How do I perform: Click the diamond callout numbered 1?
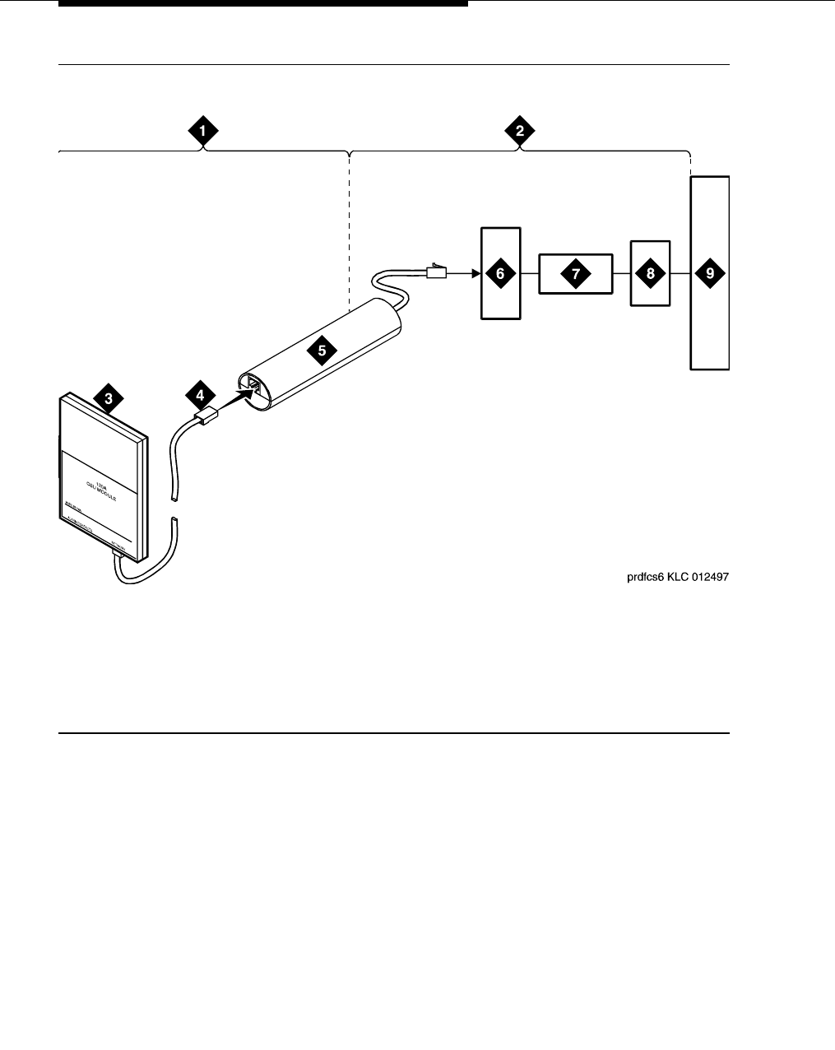click(202, 130)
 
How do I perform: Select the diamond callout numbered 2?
click(520, 130)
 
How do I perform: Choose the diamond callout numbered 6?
click(500, 274)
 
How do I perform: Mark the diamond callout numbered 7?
click(575, 274)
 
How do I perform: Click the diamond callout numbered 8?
click(650, 274)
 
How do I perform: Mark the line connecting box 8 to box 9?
click(680, 274)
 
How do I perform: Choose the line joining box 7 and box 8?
click(621, 274)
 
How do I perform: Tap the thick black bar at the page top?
click(263, 3)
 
